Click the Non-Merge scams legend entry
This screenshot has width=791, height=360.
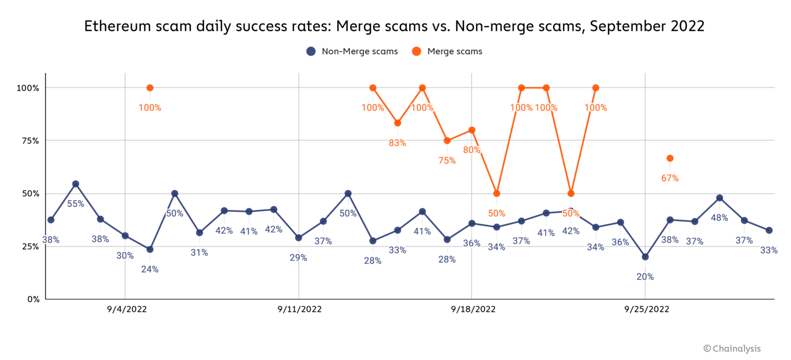[x=352, y=51]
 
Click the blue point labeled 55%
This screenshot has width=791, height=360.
[x=75, y=184]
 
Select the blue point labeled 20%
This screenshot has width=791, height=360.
[x=645, y=257]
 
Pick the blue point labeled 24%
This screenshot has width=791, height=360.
[x=150, y=249]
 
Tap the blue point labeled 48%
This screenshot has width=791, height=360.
[x=719, y=198]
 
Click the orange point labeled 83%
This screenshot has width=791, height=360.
[x=398, y=123]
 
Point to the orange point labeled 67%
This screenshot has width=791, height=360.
[x=670, y=158]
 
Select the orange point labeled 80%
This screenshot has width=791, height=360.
[x=472, y=130]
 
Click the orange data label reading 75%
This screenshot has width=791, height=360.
[x=447, y=161]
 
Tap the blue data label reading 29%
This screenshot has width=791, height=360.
[x=298, y=258]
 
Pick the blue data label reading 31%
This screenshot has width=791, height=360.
[x=199, y=253]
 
